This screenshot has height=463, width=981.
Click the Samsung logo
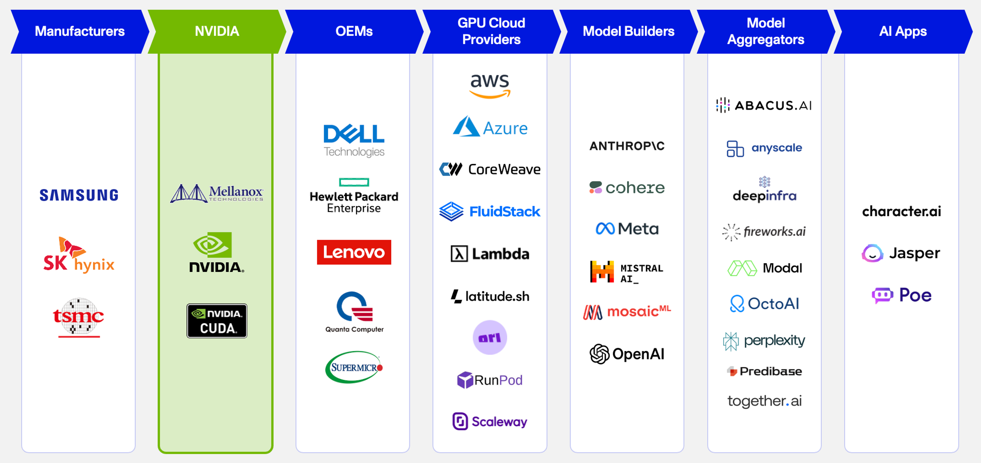click(x=79, y=195)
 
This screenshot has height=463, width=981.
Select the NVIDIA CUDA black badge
click(x=217, y=321)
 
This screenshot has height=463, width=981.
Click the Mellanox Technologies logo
click(x=217, y=193)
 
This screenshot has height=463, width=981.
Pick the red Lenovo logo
click(x=354, y=252)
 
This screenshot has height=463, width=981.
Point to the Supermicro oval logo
click(x=354, y=367)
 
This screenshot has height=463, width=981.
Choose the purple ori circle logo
click(x=490, y=337)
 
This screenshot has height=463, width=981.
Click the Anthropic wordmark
click(x=627, y=146)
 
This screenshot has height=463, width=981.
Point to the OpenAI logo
click(x=627, y=354)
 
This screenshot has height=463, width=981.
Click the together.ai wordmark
click(x=764, y=401)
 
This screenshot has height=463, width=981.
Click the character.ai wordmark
click(x=901, y=211)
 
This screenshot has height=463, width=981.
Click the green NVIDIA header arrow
click(x=217, y=31)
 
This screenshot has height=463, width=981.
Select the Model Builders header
click(x=628, y=31)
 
